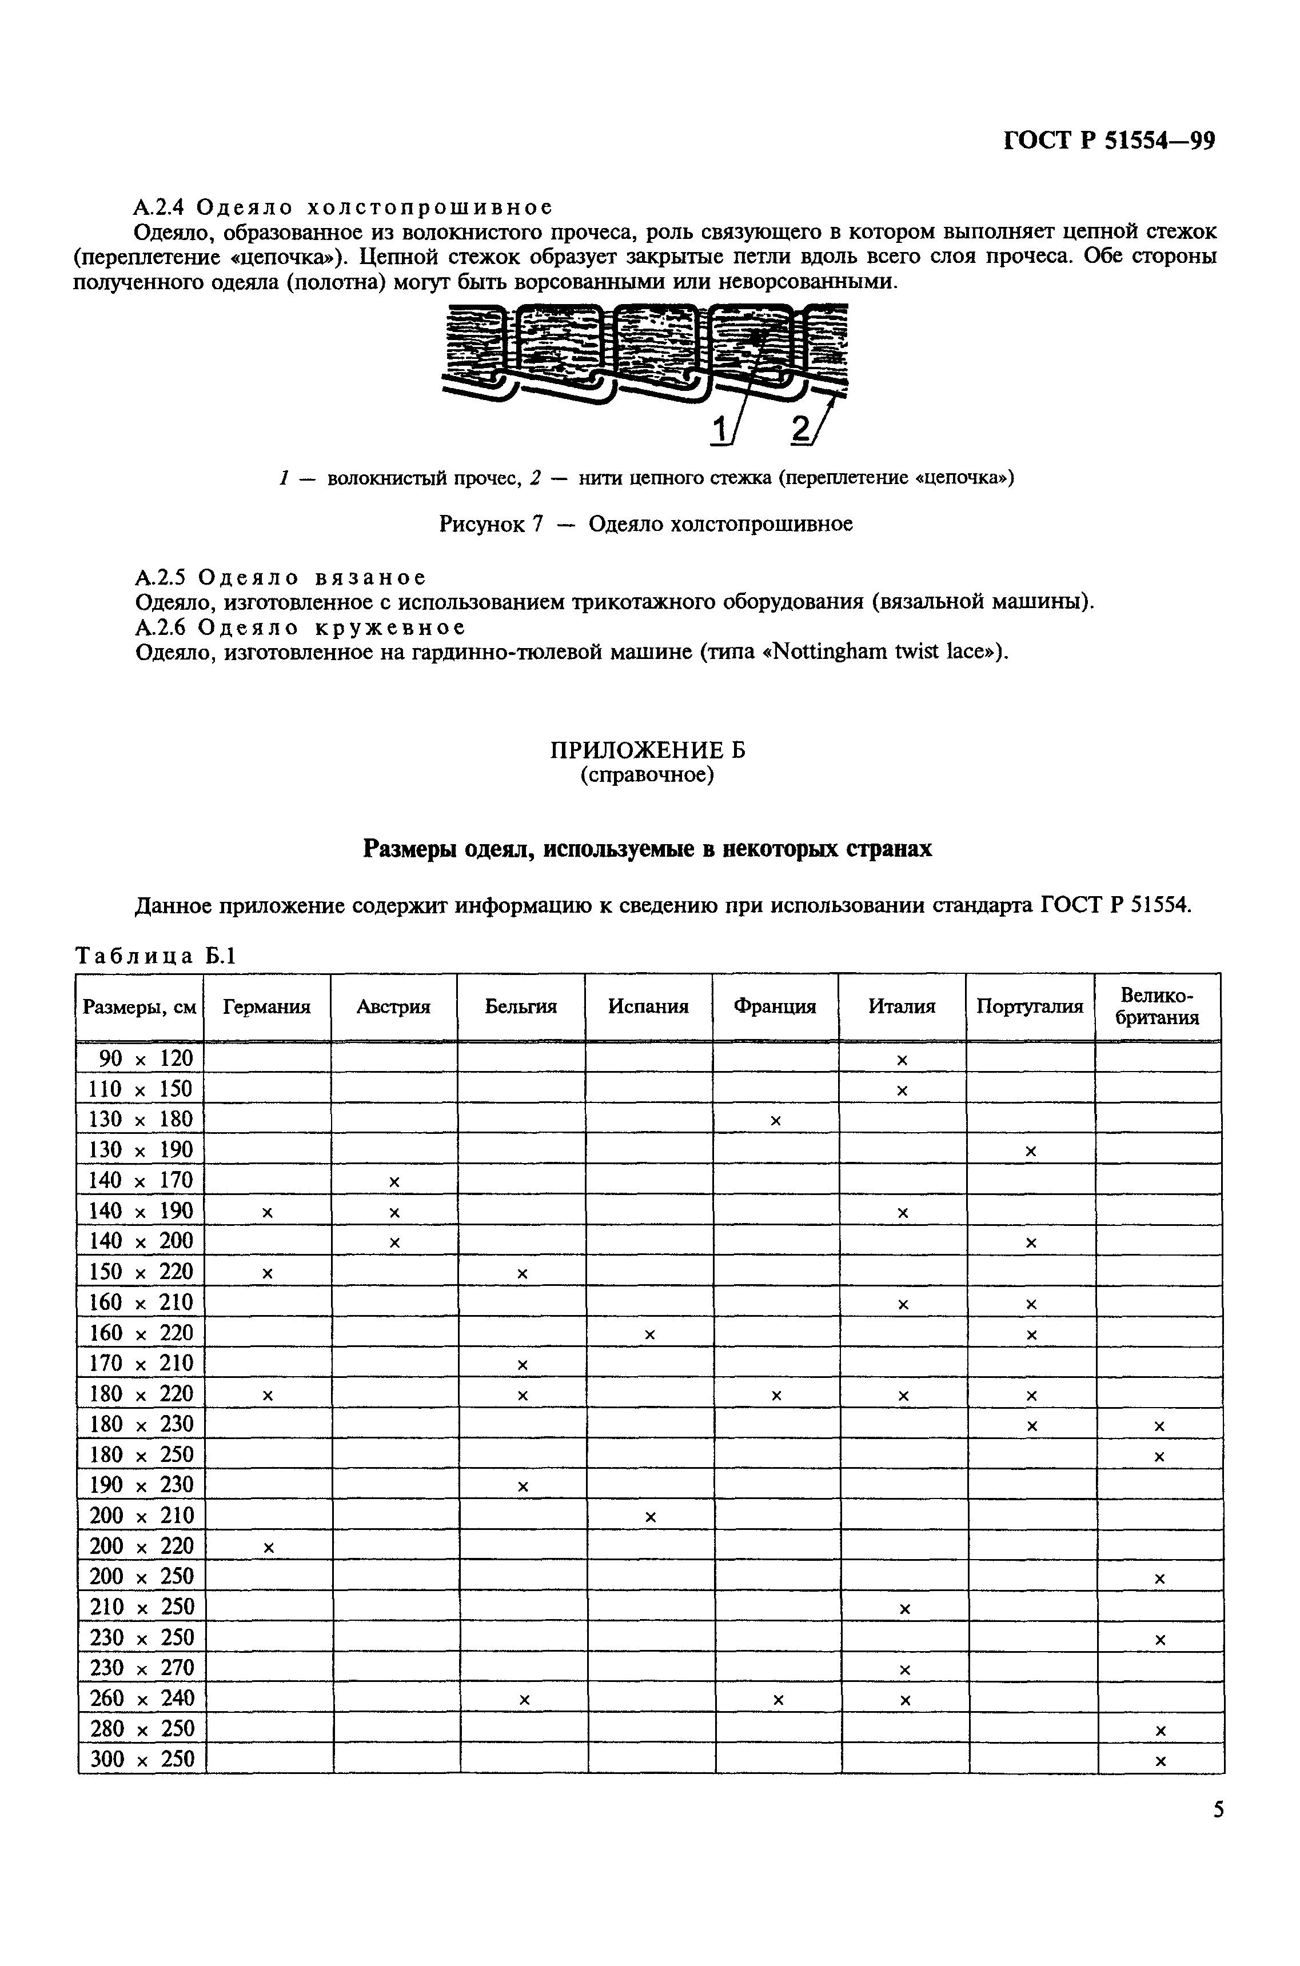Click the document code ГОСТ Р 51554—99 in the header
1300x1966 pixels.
[1108, 141]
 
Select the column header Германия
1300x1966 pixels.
[266, 1006]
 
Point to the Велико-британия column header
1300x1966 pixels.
[1158, 1006]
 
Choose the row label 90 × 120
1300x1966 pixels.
[140, 1058]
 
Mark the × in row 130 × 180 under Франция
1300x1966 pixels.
[776, 1121]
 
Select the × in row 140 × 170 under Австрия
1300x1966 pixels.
[394, 1182]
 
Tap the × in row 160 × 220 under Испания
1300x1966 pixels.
[650, 1334]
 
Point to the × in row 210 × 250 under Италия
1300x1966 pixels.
[904, 1609]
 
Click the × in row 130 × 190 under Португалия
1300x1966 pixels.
[1031, 1151]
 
